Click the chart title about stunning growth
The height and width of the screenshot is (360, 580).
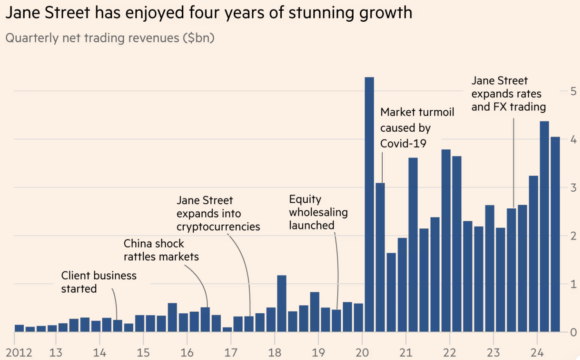(x=208, y=13)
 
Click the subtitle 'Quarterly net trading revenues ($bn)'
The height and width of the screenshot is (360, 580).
(x=110, y=38)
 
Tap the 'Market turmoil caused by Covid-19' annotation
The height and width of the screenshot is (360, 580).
(x=417, y=128)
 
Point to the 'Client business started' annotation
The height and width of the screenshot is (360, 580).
(x=98, y=282)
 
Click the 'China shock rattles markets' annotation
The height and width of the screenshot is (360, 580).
(x=161, y=250)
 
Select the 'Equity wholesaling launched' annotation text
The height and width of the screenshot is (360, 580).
(x=318, y=212)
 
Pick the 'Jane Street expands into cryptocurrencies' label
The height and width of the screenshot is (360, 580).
(x=218, y=214)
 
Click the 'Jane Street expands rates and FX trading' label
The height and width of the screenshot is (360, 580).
(x=508, y=94)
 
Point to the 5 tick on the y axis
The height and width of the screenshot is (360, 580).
(x=573, y=91)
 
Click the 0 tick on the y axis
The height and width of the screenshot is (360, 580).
(x=573, y=332)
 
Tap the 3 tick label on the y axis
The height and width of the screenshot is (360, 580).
(x=573, y=188)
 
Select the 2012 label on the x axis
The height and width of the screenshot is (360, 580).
(x=19, y=353)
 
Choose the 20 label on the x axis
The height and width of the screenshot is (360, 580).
(x=362, y=353)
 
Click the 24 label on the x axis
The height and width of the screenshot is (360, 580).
(x=537, y=353)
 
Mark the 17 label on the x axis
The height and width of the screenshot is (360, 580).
(x=231, y=353)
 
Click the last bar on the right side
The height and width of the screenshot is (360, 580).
(x=555, y=234)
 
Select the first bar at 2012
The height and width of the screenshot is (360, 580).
(x=19, y=328)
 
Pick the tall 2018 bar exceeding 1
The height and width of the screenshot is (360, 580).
(x=282, y=303)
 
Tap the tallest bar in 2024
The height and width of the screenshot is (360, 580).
(x=544, y=226)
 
